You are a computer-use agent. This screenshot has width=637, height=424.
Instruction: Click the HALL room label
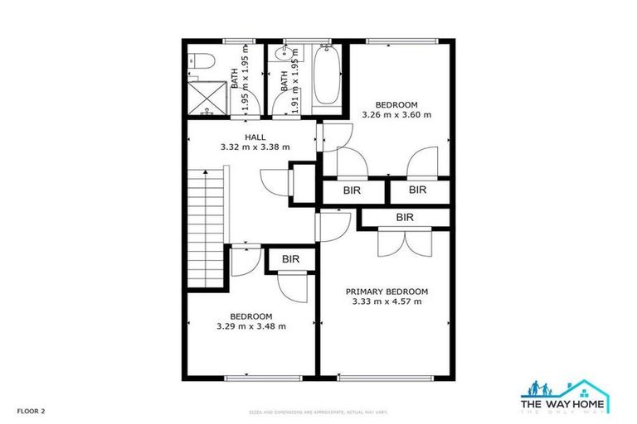click(x=255, y=137)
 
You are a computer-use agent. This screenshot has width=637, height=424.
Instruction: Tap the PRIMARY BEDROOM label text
click(x=387, y=291)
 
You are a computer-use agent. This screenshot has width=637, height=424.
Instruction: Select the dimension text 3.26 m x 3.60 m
click(x=396, y=115)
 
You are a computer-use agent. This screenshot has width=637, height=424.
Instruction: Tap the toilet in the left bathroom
click(x=197, y=60)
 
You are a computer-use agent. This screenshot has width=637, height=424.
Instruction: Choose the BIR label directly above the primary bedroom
click(x=404, y=218)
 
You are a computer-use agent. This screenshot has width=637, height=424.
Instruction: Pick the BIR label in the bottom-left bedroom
click(x=289, y=260)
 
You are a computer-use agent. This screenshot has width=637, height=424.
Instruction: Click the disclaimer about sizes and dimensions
click(x=318, y=412)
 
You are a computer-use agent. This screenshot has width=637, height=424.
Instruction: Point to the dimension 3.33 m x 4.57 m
click(x=387, y=301)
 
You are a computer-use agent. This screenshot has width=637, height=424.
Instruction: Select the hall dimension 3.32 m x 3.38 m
click(x=255, y=147)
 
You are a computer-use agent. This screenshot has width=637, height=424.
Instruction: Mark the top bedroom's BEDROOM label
click(x=396, y=105)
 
